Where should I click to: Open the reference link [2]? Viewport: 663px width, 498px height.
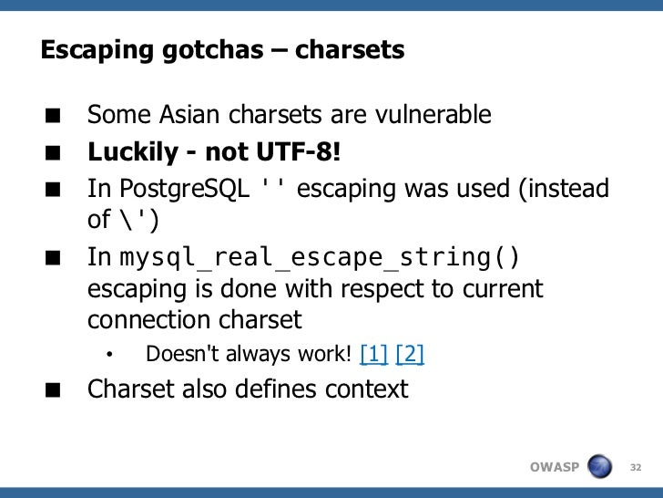tap(410, 354)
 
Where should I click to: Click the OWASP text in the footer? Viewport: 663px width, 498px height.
tap(554, 467)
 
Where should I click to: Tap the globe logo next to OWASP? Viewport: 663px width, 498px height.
tap(600, 467)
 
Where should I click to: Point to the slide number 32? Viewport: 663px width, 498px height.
tap(636, 468)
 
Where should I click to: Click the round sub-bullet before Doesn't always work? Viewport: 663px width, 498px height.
tap(109, 355)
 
